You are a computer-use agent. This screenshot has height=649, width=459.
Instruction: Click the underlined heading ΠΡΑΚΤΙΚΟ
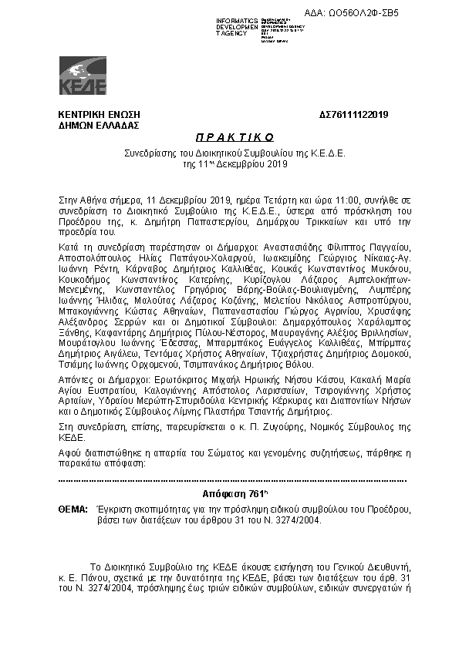coord(229,137)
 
